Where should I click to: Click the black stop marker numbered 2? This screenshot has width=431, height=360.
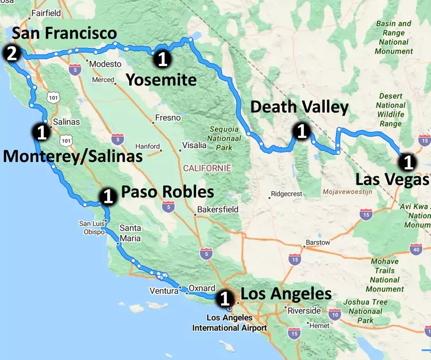(12, 55)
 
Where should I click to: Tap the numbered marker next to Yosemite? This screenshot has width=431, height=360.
(163, 58)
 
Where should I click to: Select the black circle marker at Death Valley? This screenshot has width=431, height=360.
(301, 131)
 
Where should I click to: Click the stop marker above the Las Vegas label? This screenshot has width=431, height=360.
(407, 162)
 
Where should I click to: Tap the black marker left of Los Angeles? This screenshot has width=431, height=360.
(225, 299)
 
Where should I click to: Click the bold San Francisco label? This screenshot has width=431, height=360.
(64, 33)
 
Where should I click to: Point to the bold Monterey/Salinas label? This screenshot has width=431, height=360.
(73, 155)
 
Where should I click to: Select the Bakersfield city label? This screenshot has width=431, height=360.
(217, 210)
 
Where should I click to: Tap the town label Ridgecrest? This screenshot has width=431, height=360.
(286, 194)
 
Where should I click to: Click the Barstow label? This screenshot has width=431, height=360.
(318, 242)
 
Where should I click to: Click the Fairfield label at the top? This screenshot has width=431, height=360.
(46, 13)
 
